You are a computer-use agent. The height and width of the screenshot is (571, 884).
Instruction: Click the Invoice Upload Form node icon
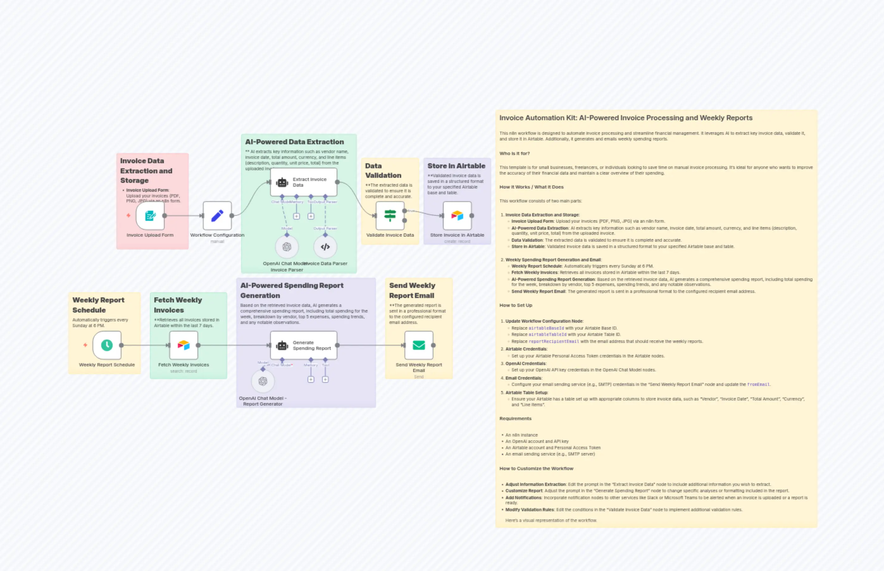point(150,215)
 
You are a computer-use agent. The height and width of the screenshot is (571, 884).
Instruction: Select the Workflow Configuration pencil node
point(217,215)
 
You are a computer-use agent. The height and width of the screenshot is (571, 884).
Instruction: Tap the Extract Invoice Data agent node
point(303,182)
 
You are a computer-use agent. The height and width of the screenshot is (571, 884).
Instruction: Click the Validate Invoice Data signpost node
point(390,215)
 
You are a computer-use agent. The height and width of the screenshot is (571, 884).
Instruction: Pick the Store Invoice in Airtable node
point(457,215)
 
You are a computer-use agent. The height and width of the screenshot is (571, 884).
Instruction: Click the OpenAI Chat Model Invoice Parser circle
point(287,247)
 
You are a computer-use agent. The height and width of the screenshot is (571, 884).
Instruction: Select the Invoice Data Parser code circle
point(325,247)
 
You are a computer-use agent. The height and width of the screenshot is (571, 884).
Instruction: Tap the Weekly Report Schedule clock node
point(107,345)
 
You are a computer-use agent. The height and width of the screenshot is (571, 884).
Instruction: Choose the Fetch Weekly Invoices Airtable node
point(184,345)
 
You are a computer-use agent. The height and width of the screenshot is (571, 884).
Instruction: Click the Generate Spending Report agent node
point(303,345)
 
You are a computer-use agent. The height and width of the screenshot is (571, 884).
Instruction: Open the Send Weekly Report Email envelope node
point(419,345)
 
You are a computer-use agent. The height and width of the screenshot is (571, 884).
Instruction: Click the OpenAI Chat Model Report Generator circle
point(263,381)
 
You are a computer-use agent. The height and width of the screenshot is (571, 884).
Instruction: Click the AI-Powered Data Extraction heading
point(295,142)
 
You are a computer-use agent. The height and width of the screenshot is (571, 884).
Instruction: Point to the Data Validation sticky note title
point(383,171)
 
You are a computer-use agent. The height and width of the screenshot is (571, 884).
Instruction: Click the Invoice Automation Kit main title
point(625,118)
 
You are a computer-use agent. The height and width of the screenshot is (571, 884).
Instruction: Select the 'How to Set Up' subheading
point(515,305)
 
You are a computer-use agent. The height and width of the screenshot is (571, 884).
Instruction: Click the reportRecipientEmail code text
point(554,341)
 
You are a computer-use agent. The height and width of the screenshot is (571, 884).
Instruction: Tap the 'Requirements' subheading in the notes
point(515,418)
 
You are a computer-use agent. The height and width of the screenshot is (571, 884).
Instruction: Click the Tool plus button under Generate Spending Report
point(325,379)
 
